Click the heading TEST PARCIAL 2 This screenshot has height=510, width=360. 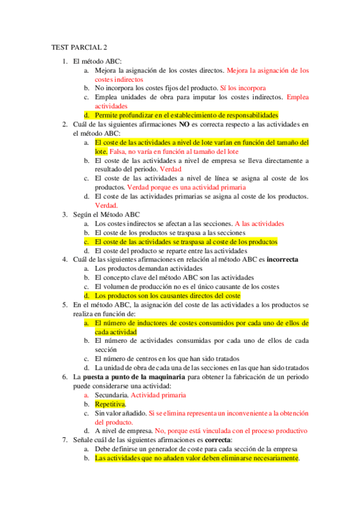[80, 48]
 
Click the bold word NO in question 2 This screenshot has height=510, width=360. [185, 124]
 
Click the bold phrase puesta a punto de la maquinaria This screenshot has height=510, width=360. [135, 376]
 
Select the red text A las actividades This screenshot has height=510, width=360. [259, 223]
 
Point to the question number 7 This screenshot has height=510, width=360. [65, 440]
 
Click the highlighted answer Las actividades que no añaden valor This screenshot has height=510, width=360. [197, 458]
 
